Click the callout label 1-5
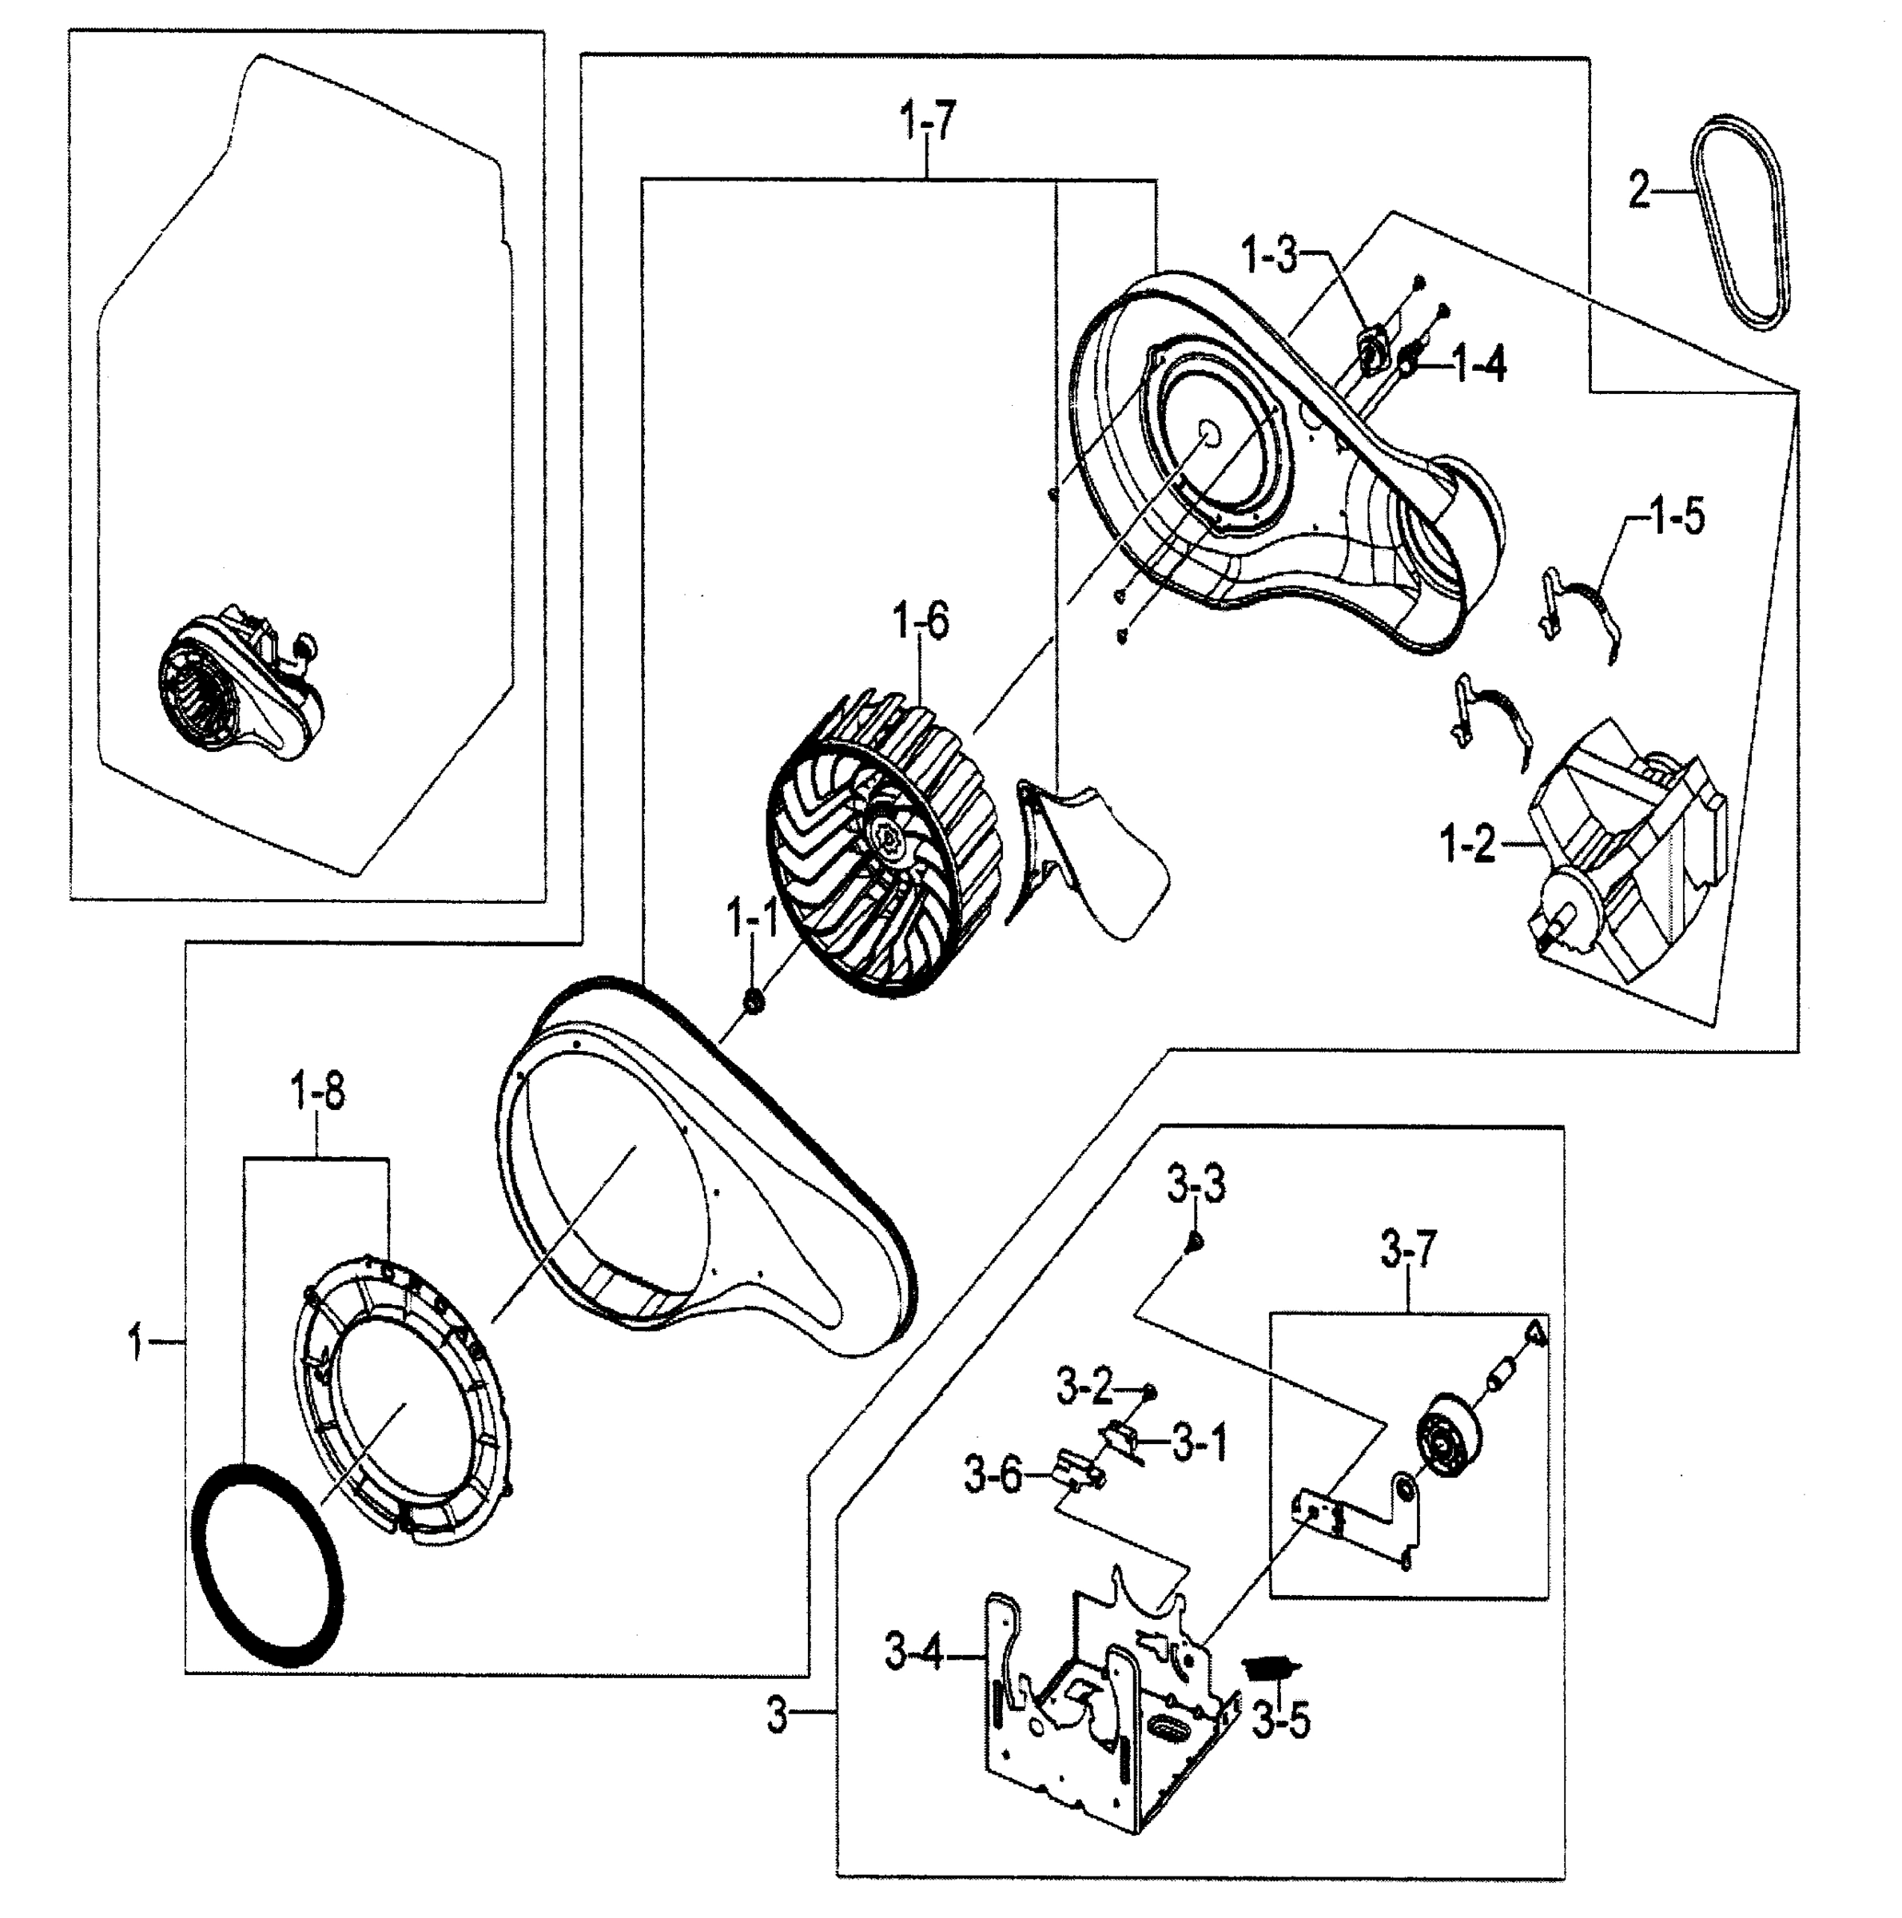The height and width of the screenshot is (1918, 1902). (x=1677, y=516)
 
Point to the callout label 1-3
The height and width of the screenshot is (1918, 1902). (x=1270, y=257)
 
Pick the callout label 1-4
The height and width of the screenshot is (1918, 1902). (x=1479, y=365)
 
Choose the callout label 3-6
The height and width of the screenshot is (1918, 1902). (x=993, y=1475)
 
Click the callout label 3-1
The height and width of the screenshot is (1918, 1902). (x=1200, y=1442)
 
